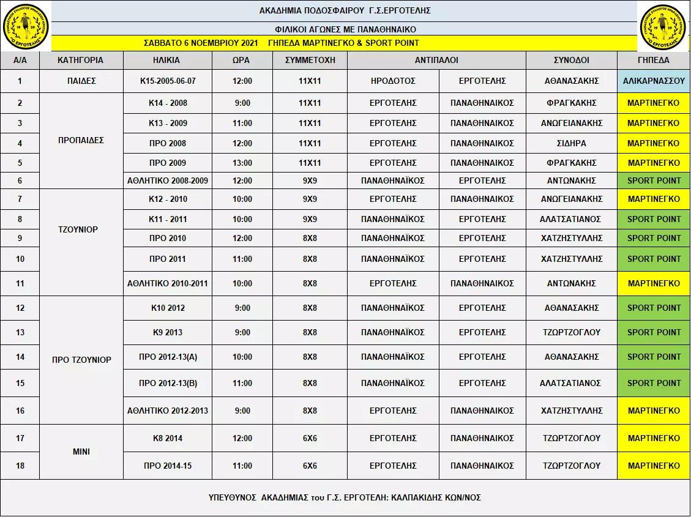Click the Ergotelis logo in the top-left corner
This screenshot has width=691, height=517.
click(x=26, y=26)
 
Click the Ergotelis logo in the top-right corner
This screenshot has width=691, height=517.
click(x=665, y=26)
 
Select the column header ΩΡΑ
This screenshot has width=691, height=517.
click(x=242, y=61)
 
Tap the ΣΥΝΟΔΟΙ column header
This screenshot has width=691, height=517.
click(x=571, y=61)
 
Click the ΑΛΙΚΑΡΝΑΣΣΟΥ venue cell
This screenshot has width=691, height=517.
click(x=653, y=81)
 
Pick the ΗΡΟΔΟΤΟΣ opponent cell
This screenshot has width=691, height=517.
click(x=393, y=81)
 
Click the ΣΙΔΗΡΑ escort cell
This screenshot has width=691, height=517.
click(x=571, y=143)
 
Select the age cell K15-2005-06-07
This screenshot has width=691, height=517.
click(x=168, y=81)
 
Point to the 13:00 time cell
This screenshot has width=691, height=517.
click(x=242, y=163)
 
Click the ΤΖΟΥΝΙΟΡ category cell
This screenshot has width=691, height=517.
click(x=81, y=230)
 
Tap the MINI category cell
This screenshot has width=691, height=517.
click(x=81, y=452)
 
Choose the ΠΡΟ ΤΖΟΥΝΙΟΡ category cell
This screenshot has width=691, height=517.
click(x=81, y=360)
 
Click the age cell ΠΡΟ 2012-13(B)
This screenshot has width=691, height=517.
click(x=168, y=383)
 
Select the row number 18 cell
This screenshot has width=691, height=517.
click(x=20, y=466)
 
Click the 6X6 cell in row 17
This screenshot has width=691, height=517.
click(x=310, y=438)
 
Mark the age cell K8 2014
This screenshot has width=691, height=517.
click(x=168, y=438)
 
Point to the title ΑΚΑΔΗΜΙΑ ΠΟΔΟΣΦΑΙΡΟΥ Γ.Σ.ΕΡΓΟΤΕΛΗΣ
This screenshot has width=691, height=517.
click(x=345, y=10)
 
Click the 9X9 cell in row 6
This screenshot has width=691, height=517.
click(x=310, y=180)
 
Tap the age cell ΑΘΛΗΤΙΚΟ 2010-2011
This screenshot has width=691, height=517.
click(x=168, y=283)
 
